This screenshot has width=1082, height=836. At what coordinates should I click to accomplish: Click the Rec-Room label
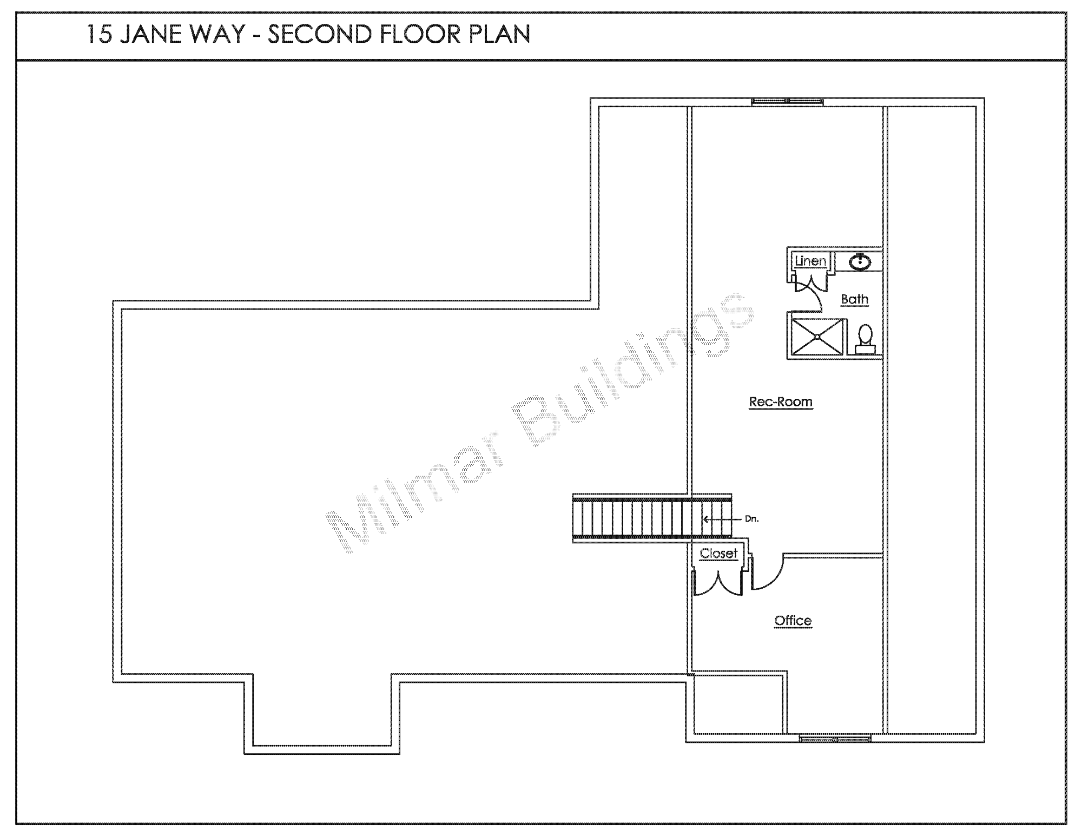click(x=780, y=401)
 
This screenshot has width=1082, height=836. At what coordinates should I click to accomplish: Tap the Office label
click(x=793, y=620)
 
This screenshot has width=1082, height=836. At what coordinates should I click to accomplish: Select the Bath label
click(x=854, y=299)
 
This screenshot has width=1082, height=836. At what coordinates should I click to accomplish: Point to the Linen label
click(x=810, y=261)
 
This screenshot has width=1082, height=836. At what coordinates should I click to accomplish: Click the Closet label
click(x=718, y=553)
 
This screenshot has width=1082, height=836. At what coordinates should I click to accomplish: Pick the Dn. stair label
click(x=751, y=519)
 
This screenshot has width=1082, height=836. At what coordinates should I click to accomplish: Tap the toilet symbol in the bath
click(x=865, y=339)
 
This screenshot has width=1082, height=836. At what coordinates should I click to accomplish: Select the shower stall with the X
click(x=817, y=337)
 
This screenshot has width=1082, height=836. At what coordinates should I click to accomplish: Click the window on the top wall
click(x=787, y=101)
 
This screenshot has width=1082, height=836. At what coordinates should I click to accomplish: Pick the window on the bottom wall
click(x=835, y=739)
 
